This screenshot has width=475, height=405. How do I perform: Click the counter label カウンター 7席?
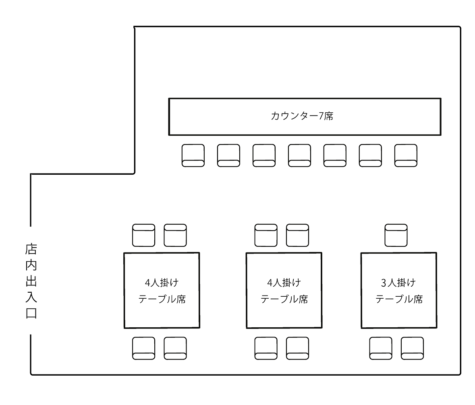tap(302, 116)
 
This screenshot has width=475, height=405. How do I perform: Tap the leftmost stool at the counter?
tap(193, 155)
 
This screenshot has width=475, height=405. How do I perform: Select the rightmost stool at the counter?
tap(406, 155)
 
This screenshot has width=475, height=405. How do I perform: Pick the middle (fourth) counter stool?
tap(299, 155)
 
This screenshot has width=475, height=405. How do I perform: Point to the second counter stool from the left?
tap(228, 155)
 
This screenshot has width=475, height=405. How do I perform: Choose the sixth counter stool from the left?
tap(370, 155)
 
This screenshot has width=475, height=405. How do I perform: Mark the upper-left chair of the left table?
tap(143, 235)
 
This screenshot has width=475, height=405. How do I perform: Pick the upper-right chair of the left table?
tap(175, 235)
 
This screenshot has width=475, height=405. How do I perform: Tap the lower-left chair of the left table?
tap(143, 348)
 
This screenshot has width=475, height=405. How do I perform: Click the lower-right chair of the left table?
tap(175, 348)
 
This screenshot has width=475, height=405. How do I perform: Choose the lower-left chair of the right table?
tap(381, 348)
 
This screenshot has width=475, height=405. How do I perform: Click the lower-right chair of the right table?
tap(413, 348)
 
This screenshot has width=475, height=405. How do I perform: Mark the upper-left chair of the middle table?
tap(266, 235)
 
